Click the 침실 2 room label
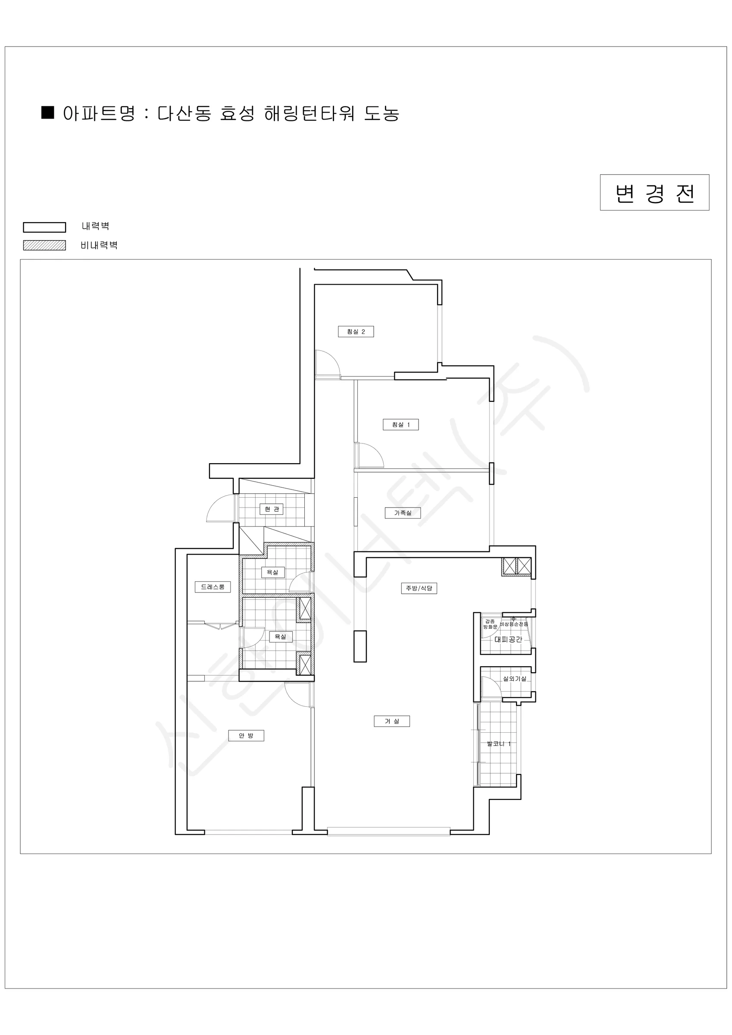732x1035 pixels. click(356, 331)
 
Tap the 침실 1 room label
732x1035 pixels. click(401, 424)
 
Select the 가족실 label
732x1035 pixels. click(403, 513)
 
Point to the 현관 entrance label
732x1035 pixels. click(271, 509)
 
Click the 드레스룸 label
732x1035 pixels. click(213, 586)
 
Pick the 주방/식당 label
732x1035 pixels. click(419, 588)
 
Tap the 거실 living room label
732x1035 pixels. click(392, 721)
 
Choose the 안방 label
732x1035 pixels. click(246, 735)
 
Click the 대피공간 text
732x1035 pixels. click(508, 639)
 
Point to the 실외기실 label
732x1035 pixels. click(514, 678)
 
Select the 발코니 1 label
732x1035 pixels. click(498, 744)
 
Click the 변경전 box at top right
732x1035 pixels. click(654, 192)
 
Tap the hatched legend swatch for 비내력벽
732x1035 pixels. click(45, 245)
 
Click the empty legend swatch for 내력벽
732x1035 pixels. click(45, 227)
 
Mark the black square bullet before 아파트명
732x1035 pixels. click(48, 112)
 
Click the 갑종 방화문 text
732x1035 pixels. click(490, 624)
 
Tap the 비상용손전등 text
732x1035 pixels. click(514, 624)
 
